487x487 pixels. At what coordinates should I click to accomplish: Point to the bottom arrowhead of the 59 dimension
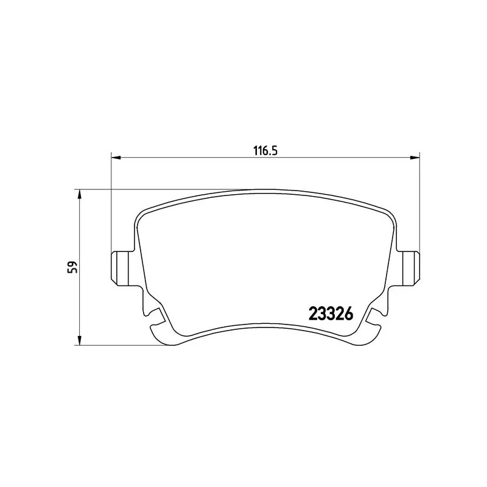click(79, 342)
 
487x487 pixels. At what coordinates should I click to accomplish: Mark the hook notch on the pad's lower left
click(156, 317)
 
